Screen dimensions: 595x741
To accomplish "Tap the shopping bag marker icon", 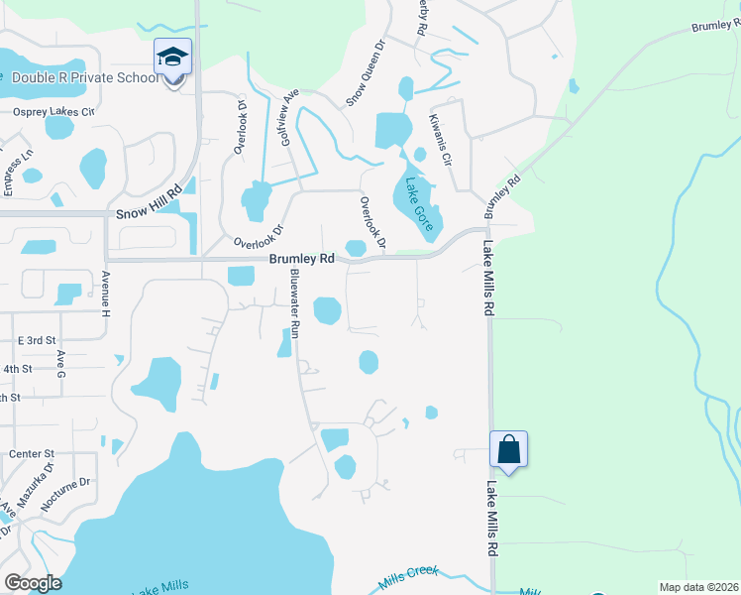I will tap(508, 449).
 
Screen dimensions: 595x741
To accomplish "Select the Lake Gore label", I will tap(418, 204).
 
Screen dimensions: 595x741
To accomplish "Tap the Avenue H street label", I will tap(104, 294).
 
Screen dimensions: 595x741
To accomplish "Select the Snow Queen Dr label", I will tap(364, 72).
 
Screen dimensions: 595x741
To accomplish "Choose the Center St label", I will tap(31, 453).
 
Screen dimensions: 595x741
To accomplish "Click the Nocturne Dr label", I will tap(66, 493).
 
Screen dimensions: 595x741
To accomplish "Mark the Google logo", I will tap(33, 583).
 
